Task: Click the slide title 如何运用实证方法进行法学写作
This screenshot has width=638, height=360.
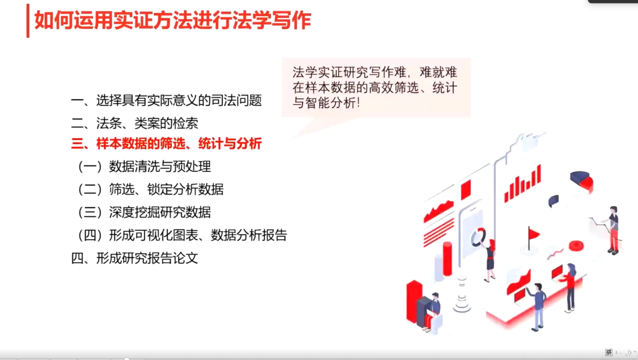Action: click(173, 21)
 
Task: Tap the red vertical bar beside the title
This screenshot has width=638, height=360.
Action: click(28, 21)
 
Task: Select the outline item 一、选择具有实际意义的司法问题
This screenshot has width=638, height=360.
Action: click(167, 100)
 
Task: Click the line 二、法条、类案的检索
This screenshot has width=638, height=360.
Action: click(134, 123)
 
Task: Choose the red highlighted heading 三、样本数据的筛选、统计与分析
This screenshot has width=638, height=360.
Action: click(167, 143)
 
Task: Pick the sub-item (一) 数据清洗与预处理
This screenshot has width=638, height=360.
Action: click(144, 167)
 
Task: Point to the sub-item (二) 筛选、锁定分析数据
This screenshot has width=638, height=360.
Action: click(150, 189)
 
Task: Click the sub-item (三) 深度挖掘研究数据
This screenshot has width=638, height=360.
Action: click(144, 212)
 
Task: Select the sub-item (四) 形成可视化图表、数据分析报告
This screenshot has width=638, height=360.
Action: click(182, 235)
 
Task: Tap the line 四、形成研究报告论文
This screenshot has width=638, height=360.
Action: click(134, 258)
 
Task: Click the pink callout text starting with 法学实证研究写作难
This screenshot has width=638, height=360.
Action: click(375, 88)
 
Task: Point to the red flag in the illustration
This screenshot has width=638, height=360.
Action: click(533, 234)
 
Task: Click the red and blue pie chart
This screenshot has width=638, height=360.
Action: click(582, 181)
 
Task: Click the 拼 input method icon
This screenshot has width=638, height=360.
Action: click(608, 352)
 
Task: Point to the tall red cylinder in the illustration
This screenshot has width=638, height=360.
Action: click(447, 259)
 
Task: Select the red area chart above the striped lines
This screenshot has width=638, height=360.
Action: click(439, 211)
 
